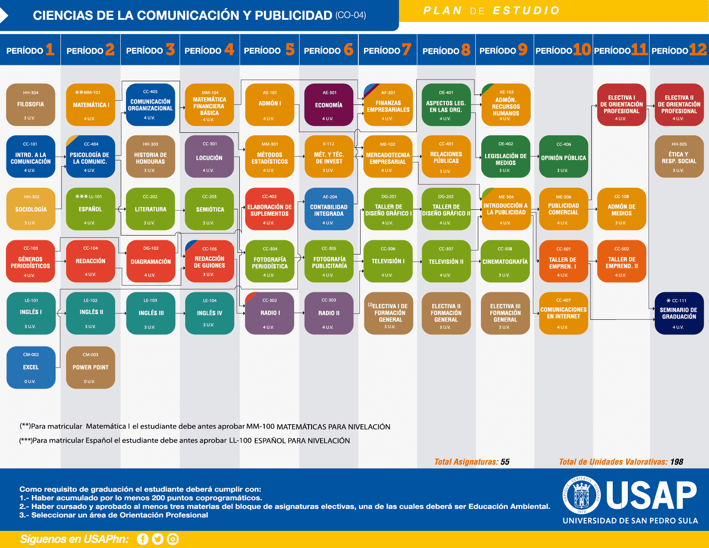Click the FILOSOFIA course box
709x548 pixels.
click(x=31, y=104)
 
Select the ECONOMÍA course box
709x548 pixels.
click(x=329, y=104)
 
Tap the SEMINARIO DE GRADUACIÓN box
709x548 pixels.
click(x=679, y=313)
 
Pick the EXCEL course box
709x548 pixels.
click(x=31, y=367)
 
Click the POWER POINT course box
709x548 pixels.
click(x=90, y=367)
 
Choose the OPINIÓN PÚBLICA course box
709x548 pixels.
click(x=563, y=157)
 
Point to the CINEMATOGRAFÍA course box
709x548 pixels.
click(x=505, y=261)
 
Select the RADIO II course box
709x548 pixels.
click(x=329, y=313)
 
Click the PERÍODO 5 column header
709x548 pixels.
click(x=269, y=50)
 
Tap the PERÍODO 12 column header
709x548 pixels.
click(x=679, y=50)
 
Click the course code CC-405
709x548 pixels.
click(x=150, y=92)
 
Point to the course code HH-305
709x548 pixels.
click(x=679, y=144)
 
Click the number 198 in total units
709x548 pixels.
click(x=677, y=462)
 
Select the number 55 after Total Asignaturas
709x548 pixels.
click(x=505, y=462)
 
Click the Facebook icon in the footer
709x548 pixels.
click(x=143, y=539)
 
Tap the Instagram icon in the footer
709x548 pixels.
click(x=173, y=539)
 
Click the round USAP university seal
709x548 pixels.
click(x=582, y=495)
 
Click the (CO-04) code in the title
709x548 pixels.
click(x=351, y=15)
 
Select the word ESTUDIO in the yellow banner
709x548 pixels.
click(x=526, y=10)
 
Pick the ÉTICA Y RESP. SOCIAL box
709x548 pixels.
click(x=679, y=157)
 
